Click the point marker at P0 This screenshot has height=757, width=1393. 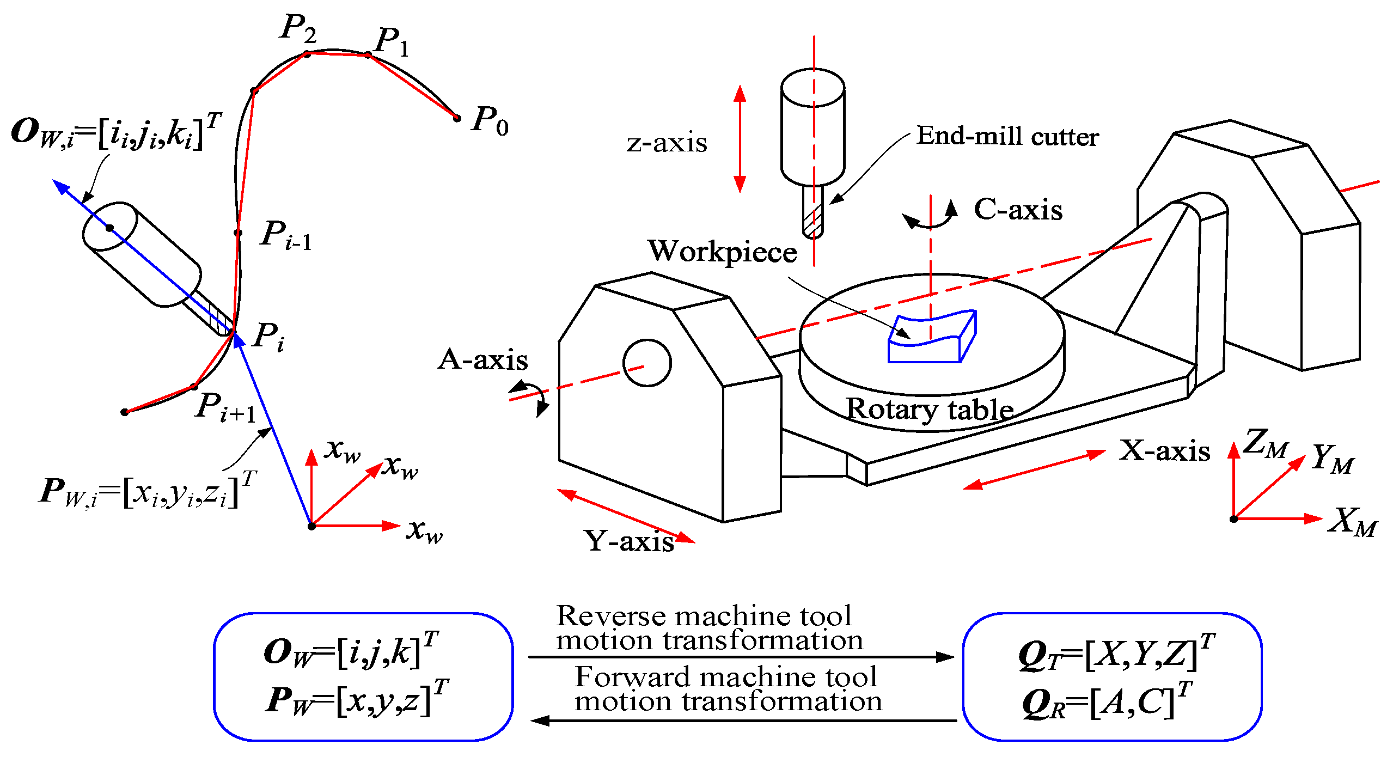point(457,118)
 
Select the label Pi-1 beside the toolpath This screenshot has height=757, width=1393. point(286,235)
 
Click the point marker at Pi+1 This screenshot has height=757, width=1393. point(194,387)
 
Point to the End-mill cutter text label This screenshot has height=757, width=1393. point(1007,136)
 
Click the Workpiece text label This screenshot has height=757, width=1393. point(722,252)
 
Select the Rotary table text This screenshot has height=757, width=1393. point(930,410)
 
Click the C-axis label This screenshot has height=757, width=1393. point(1018,210)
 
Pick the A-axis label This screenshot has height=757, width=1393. point(483,360)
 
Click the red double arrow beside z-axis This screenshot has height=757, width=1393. point(740,139)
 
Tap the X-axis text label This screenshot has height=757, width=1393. point(1164,451)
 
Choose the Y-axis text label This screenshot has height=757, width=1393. point(629,541)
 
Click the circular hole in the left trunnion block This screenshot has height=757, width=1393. point(647,363)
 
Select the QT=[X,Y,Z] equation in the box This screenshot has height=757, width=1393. point(1116,652)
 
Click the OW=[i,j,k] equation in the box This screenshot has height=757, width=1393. point(351,650)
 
